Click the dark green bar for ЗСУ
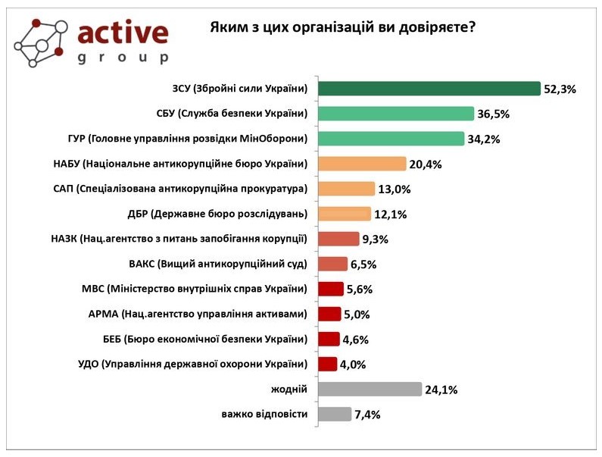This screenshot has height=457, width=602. pos(429,89)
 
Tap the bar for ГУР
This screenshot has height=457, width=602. pos(391,139)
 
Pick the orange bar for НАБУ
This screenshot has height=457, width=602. pos(362,164)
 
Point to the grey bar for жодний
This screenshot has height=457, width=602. pos(370,390)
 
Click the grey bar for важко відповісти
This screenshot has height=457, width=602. pos(335,415)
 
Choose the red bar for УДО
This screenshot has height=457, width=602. pos(327,364)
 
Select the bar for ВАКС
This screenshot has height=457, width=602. pos(332,264)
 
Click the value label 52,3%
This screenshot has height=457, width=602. pos(560,89)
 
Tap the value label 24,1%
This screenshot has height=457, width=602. pos(441,390)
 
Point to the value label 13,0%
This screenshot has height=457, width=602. pos(394,189)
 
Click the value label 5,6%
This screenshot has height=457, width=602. pos(358,290)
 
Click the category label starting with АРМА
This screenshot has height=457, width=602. pos(198,314)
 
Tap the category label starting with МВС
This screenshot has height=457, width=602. pos(194,289)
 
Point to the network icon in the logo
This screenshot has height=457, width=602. pos(42,42)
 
